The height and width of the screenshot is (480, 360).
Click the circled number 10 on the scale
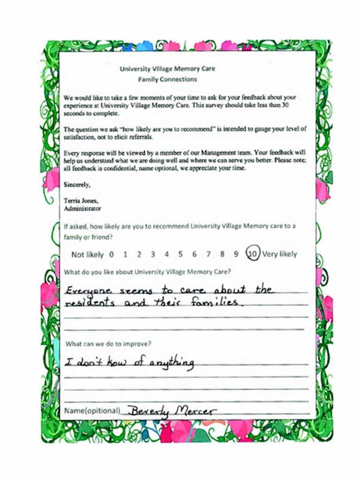[253, 254]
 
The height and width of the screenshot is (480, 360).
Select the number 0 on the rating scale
[112, 254]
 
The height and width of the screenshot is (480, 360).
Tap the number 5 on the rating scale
[180, 254]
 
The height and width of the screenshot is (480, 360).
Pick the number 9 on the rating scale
[236, 254]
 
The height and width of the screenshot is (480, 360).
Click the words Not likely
[88, 254]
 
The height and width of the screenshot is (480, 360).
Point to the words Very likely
[280, 254]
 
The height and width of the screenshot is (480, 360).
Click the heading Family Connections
[167, 79]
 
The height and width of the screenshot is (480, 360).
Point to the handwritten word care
[192, 291]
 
